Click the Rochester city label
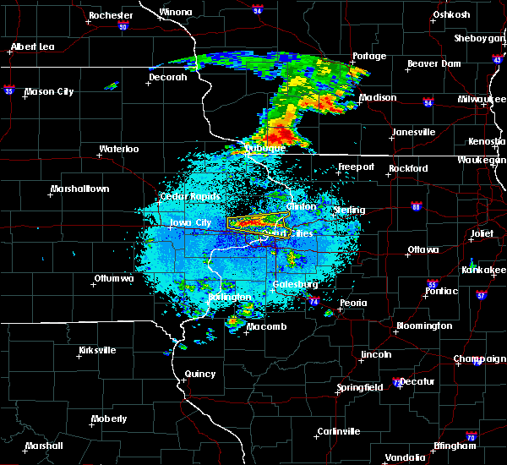click(x=111, y=15)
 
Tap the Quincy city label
click(x=200, y=374)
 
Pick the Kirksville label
click(x=97, y=350)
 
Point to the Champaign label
click(x=479, y=359)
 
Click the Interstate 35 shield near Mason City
click(x=9, y=87)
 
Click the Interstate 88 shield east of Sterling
click(x=416, y=205)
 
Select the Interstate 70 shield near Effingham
click(x=471, y=437)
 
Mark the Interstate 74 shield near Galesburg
click(x=313, y=301)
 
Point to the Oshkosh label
click(x=450, y=14)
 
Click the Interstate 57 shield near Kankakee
click(x=482, y=296)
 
